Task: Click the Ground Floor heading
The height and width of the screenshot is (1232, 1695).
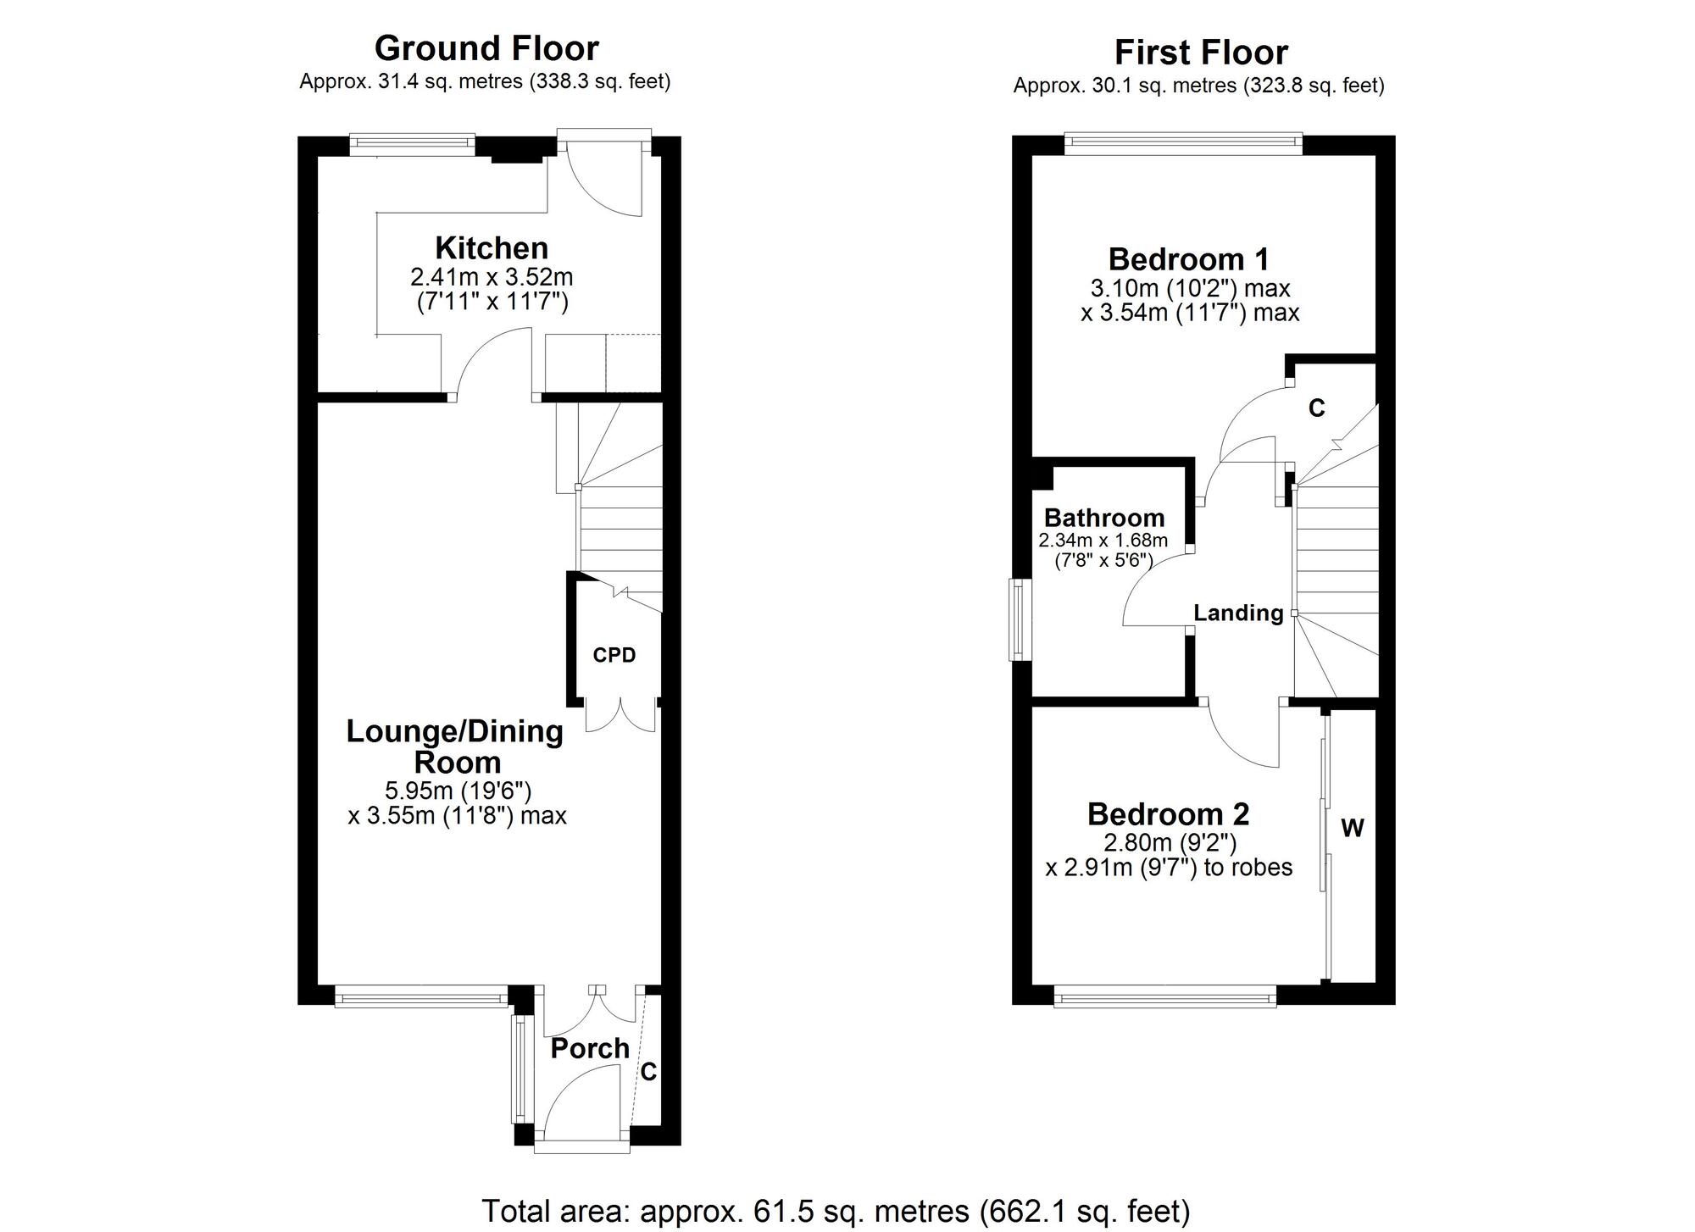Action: pyautogui.click(x=486, y=48)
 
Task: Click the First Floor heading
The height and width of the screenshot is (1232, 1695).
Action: pyautogui.click(x=1200, y=53)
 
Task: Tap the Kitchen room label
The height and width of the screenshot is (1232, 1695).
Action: pyautogui.click(x=492, y=248)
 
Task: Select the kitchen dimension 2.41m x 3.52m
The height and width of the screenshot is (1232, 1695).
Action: pyautogui.click(x=492, y=277)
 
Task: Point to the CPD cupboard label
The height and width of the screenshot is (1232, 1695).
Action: pyautogui.click(x=614, y=655)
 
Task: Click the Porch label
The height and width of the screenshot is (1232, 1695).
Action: pyautogui.click(x=590, y=1048)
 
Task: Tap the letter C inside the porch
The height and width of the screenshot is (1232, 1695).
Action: pyautogui.click(x=648, y=1073)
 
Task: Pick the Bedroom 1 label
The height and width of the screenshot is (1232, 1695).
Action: pyautogui.click(x=1188, y=258)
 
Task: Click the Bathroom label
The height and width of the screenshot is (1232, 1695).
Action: pyautogui.click(x=1103, y=518)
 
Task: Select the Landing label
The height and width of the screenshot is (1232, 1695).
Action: pyautogui.click(x=1238, y=613)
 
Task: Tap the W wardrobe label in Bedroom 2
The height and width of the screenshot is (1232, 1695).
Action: pyautogui.click(x=1353, y=828)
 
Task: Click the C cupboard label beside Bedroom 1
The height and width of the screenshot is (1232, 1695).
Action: pyautogui.click(x=1316, y=408)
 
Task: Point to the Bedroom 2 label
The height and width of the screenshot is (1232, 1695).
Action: pyautogui.click(x=1168, y=814)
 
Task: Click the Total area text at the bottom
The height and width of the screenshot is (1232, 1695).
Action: pyautogui.click(x=836, y=1211)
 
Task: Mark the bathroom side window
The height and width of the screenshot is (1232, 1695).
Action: pyautogui.click(x=1016, y=619)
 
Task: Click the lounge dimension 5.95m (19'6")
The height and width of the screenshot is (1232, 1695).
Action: pyautogui.click(x=458, y=791)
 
